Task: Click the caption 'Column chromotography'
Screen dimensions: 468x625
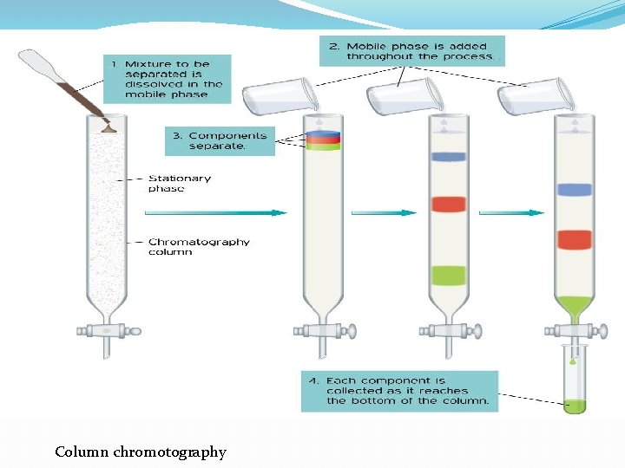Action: (x=140, y=452)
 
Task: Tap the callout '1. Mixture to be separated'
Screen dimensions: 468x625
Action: (x=168, y=79)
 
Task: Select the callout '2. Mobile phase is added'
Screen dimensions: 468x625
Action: (x=411, y=51)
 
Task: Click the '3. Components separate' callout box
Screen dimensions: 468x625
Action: (x=219, y=140)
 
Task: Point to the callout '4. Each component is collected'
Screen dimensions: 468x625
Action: (x=399, y=391)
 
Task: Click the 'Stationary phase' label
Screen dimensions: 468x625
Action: (x=179, y=183)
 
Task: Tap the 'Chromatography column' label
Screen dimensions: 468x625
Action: (x=199, y=247)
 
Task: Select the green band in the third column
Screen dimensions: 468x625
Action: (x=448, y=276)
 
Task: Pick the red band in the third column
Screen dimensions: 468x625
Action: (x=448, y=205)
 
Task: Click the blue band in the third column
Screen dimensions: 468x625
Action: (x=448, y=157)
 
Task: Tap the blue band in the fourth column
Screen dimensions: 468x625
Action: (x=575, y=190)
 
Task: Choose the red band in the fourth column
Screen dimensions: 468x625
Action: (x=575, y=239)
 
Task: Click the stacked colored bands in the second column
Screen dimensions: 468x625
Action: (x=323, y=140)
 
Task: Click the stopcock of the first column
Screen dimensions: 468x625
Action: (x=108, y=330)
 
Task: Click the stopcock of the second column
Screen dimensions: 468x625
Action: (x=323, y=330)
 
